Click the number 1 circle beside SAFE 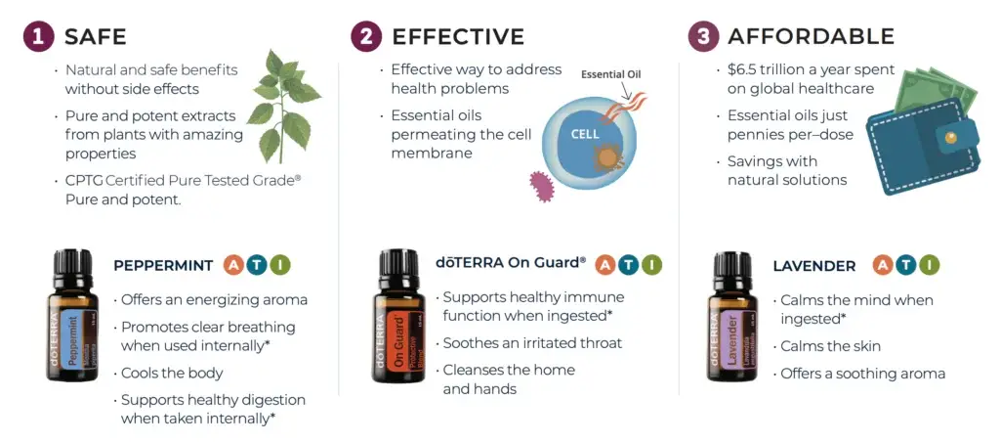(x=38, y=36)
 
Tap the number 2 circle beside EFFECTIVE (x=366, y=36)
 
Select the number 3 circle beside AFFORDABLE (x=703, y=36)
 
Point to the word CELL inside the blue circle (x=584, y=134)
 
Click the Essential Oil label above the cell (x=611, y=74)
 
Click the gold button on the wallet (x=953, y=137)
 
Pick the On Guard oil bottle (x=399, y=315)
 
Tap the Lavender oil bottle (x=732, y=316)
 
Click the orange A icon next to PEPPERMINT (x=234, y=265)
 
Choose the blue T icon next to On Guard (x=628, y=264)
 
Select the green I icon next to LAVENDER (x=930, y=265)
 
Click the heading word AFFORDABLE (x=812, y=36)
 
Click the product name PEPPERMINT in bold (x=163, y=266)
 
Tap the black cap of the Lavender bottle (x=732, y=267)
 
